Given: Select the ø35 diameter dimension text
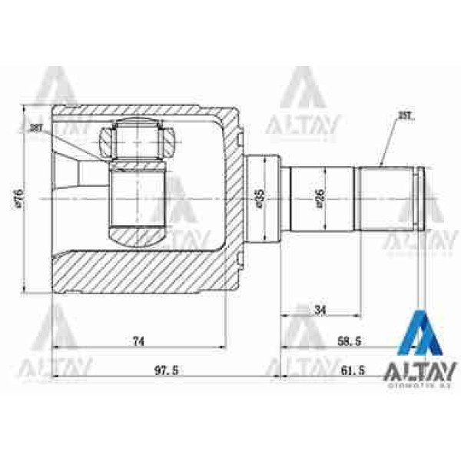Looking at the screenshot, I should pyautogui.click(x=259, y=198).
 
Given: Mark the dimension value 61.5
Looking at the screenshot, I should pyautogui.click(x=351, y=370).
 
